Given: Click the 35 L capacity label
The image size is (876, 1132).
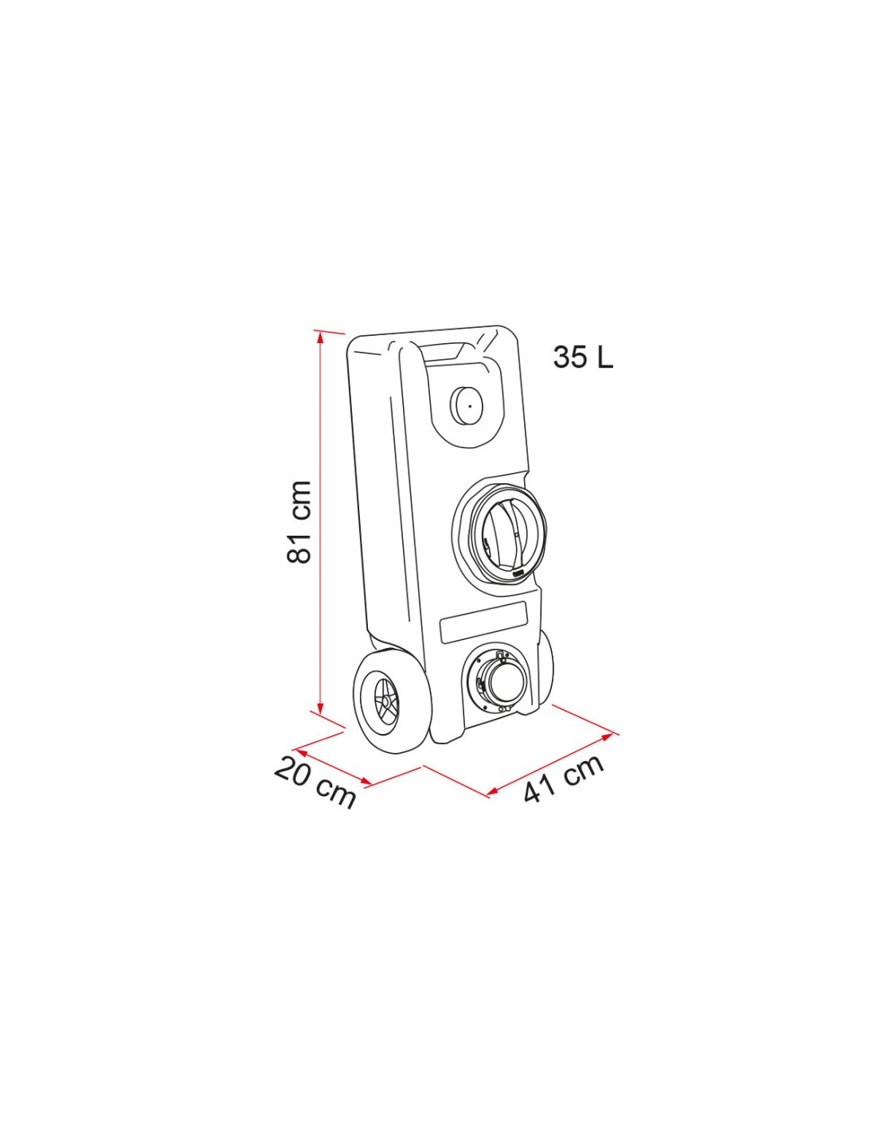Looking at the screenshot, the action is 583,357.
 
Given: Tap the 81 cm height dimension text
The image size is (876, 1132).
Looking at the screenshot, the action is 299,522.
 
